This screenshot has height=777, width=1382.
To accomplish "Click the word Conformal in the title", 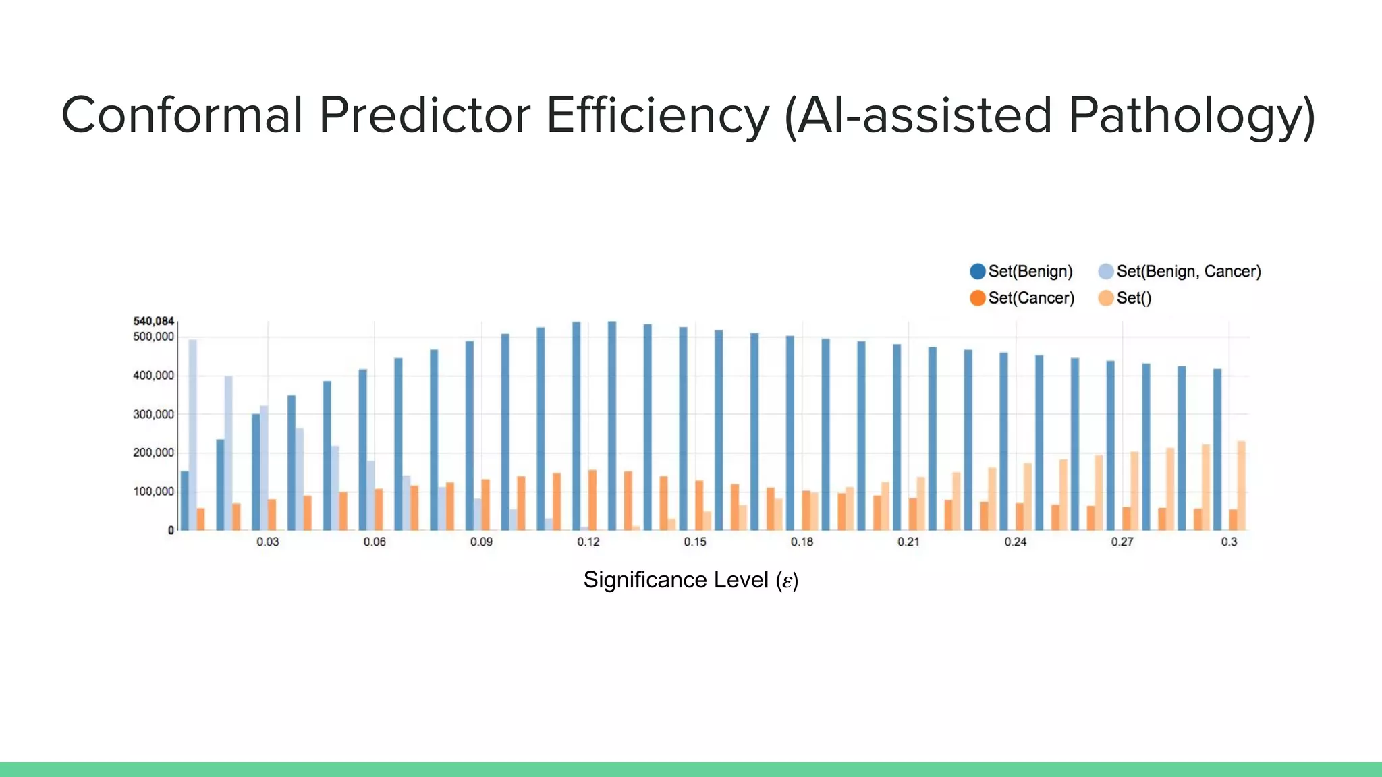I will pyautogui.click(x=181, y=115).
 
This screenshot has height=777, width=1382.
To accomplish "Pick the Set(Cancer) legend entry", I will pyautogui.click(x=1022, y=298).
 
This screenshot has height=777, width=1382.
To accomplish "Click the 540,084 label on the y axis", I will pyautogui.click(x=153, y=321).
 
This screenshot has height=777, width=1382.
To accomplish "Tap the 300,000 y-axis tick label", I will pyautogui.click(x=153, y=414).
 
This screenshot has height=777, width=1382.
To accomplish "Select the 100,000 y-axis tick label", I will pyautogui.click(x=153, y=492).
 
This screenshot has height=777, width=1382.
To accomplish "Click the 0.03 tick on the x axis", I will pyautogui.click(x=268, y=542).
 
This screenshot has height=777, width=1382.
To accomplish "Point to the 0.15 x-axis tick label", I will pyautogui.click(x=695, y=542).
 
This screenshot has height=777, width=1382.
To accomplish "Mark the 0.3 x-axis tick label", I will pyautogui.click(x=1229, y=542).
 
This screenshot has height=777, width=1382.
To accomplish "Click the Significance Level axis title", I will pyautogui.click(x=690, y=580).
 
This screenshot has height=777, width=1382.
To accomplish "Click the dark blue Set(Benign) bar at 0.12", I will pyautogui.click(x=576, y=425).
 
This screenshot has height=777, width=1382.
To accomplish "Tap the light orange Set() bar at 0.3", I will pyautogui.click(x=1241, y=486).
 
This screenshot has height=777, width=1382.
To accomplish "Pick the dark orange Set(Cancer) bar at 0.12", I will pyautogui.click(x=592, y=500).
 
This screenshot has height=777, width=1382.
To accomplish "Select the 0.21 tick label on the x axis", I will pyautogui.click(x=908, y=542).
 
